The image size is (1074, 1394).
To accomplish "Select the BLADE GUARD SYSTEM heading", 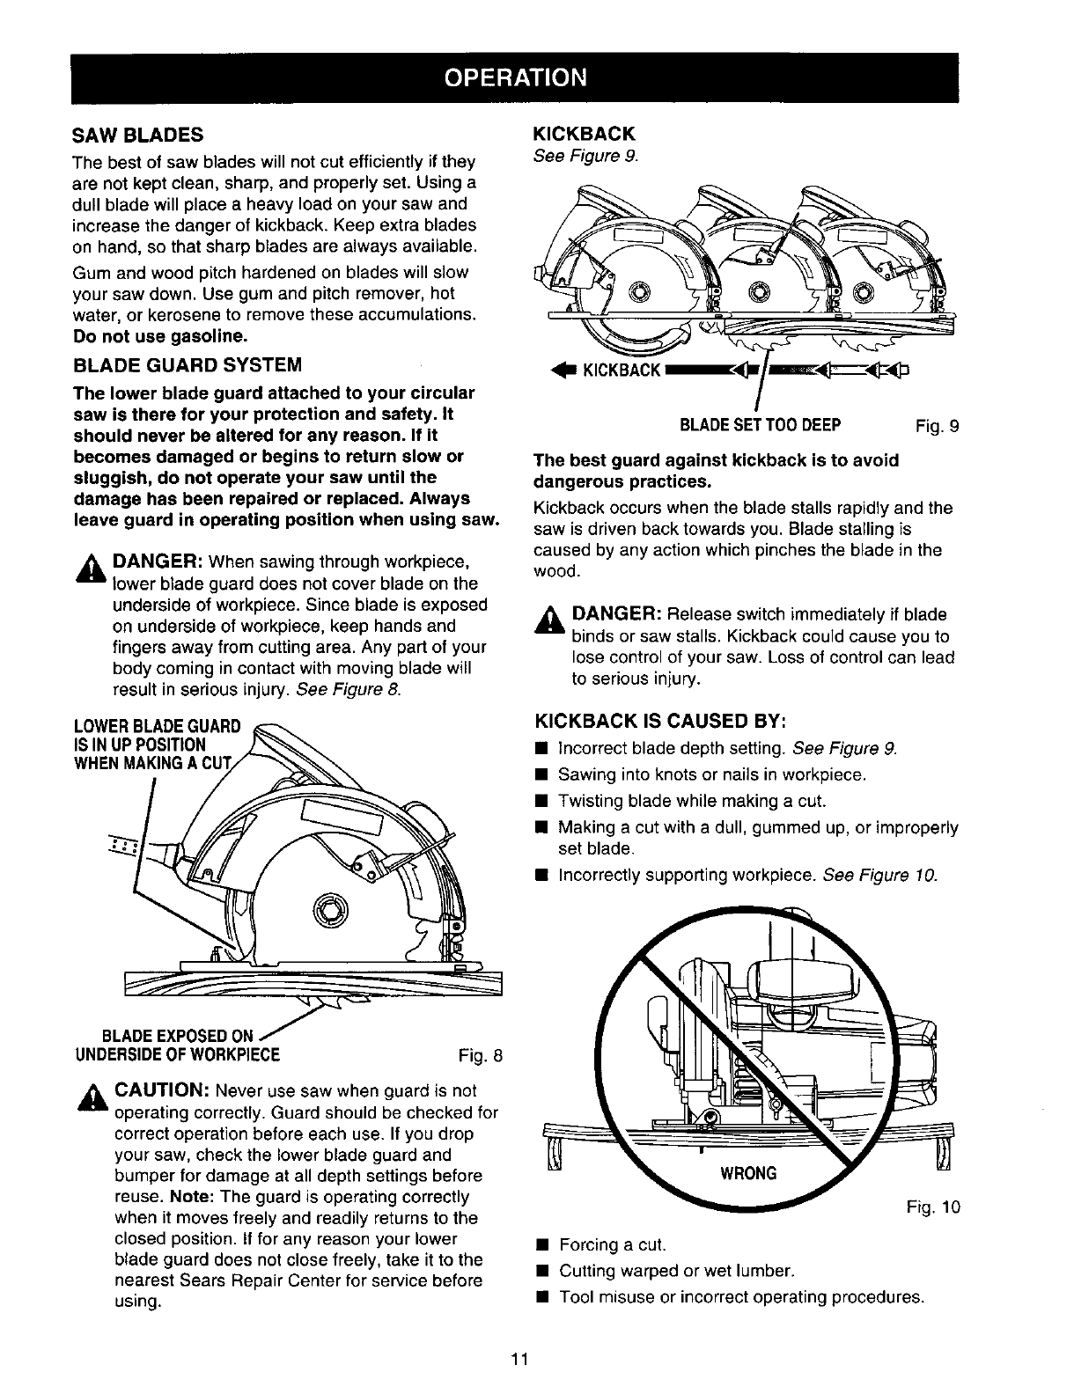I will [x=187, y=364].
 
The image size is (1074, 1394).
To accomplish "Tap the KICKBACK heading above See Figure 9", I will [x=585, y=134].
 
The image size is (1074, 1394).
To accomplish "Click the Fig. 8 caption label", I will [x=480, y=1055].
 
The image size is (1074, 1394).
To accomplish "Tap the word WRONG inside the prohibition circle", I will [x=748, y=1174].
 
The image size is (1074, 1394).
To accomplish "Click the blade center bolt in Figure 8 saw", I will [x=337, y=909].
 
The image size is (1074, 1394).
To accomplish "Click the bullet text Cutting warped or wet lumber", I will [x=677, y=1271].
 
